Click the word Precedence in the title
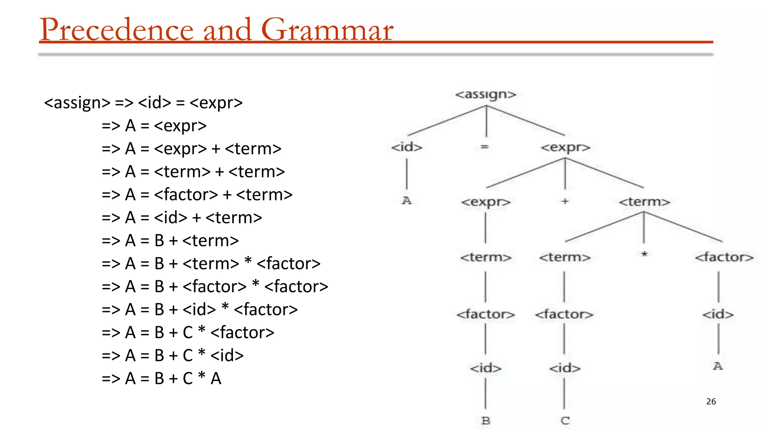coord(116,30)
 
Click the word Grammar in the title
coord(327,30)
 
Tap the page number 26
coord(711,401)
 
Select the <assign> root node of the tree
coord(485,94)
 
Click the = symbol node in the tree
coord(484,147)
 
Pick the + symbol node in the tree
coord(565,201)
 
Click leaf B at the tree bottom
coord(485,421)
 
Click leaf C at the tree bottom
coord(565,421)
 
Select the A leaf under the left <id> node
coord(407,201)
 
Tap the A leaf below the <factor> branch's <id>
coord(717,366)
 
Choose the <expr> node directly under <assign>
coord(565,147)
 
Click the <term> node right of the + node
coord(644,202)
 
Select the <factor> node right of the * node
coord(724,257)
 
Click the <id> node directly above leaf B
coord(485,368)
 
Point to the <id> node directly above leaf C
coord(565,368)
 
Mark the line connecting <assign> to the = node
coord(486,122)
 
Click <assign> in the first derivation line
coord(77,103)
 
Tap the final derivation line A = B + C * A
coord(162,378)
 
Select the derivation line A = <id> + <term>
coord(182,217)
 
